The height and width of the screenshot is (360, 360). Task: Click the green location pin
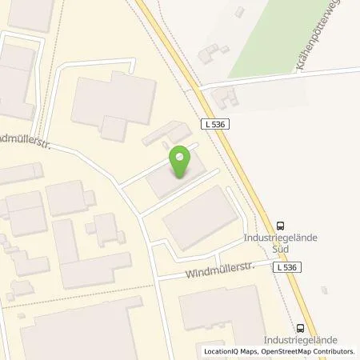tap(182, 162)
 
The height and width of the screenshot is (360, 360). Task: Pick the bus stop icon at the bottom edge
tap(300, 327)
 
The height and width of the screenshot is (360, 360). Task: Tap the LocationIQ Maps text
tap(227, 352)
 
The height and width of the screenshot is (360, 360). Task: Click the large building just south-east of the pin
tap(200, 216)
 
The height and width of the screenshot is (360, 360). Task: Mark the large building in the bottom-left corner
tap(80, 332)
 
